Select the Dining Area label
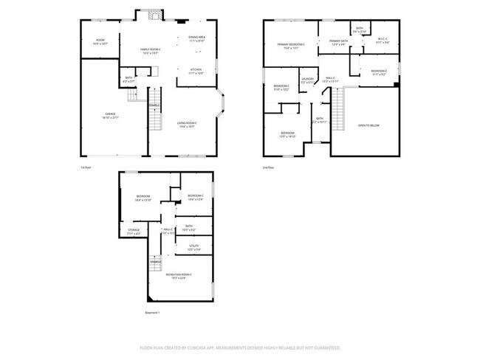196,38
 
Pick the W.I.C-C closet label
383,41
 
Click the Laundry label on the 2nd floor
307,80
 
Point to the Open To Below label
367,125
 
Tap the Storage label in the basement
133,232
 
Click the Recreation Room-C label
175,276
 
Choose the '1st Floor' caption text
86,168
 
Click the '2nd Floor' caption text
269,168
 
